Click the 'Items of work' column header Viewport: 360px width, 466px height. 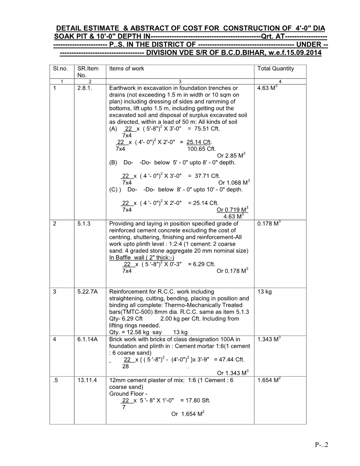[x=127, y=69]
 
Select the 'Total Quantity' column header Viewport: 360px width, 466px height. [x=275, y=69]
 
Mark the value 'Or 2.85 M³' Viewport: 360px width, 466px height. [x=231, y=155]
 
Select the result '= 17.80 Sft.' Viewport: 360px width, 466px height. [x=195, y=400]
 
